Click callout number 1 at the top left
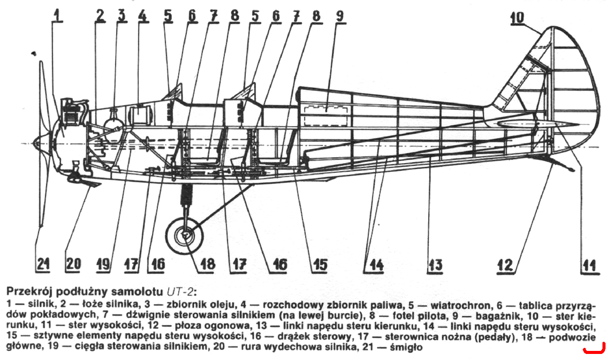click(x=57, y=16)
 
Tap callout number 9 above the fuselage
click(x=340, y=16)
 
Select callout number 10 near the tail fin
click(x=517, y=18)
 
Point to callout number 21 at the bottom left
click(x=43, y=264)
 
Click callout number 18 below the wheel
click(x=208, y=264)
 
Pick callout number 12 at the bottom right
click(x=505, y=265)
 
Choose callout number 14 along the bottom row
click(x=377, y=265)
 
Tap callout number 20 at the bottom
click(x=73, y=264)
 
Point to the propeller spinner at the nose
click(x=38, y=143)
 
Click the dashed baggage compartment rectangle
click(x=326, y=116)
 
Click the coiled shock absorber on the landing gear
click(x=187, y=194)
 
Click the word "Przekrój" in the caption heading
click(x=29, y=292)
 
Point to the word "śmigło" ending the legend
click(x=406, y=347)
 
